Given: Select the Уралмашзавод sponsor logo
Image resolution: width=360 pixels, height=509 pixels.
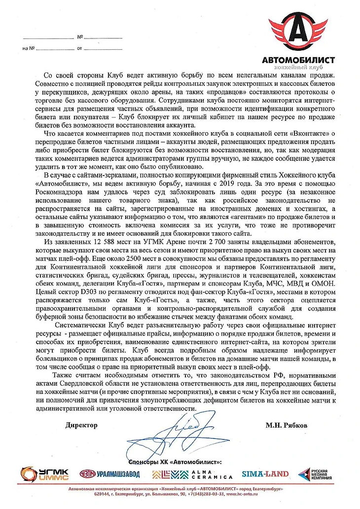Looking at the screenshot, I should [110, 474].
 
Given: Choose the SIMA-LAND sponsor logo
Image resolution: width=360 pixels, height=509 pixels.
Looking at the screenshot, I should [265, 474].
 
